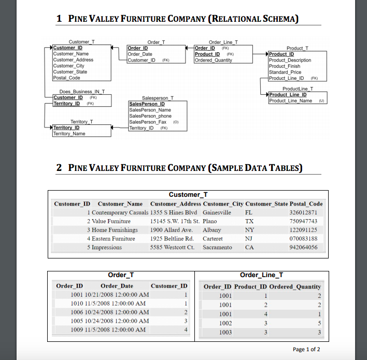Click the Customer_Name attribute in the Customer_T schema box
tap(71, 54)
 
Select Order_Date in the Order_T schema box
tap(140, 54)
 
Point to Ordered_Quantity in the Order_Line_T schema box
tap(214, 60)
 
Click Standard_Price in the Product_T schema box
tap(285, 72)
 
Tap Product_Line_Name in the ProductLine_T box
tap(291, 100)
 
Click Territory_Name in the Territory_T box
tap(69, 134)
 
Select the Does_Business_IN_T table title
tap(79, 92)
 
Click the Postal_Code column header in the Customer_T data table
tap(307, 204)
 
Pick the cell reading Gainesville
tap(217, 213)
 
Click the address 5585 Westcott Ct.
tap(172, 248)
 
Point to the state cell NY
tap(249, 230)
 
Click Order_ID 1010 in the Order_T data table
tap(77, 304)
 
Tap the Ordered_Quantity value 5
tap(319, 323)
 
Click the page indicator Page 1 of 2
tap(306, 349)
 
